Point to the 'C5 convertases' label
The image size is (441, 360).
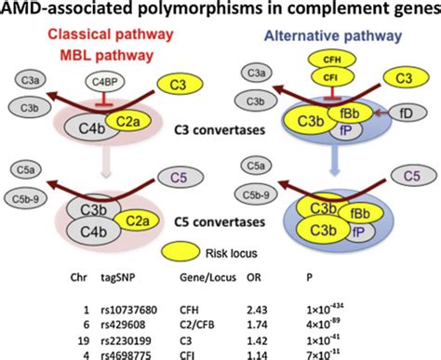pyautogui.click(x=220, y=224)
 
